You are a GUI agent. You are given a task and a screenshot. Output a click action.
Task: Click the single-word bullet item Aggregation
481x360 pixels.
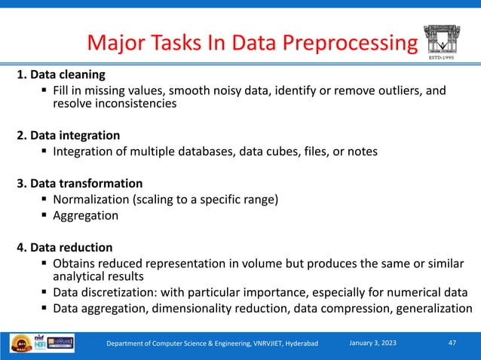click(x=85, y=215)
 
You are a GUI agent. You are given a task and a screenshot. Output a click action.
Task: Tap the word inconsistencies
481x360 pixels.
click(x=135, y=105)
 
